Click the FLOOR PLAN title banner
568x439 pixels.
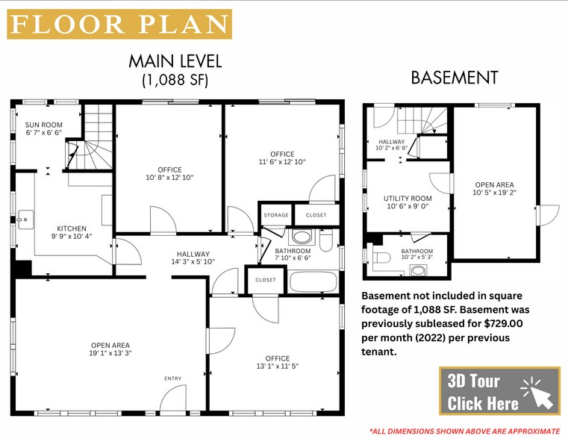(119, 24)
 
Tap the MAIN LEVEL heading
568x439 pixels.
(175, 61)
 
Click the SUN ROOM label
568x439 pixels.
(43, 128)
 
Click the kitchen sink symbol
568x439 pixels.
(25, 218)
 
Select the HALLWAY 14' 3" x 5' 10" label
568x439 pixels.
(193, 258)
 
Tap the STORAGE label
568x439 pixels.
(275, 215)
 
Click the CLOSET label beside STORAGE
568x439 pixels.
(316, 215)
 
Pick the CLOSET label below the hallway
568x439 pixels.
(265, 280)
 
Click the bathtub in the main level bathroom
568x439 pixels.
(313, 282)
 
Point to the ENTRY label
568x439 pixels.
(172, 379)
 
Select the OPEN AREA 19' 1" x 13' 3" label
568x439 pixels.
(110, 349)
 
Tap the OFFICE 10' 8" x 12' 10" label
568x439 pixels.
(169, 174)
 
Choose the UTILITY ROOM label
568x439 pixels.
(408, 202)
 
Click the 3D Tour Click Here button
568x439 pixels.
(499, 390)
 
